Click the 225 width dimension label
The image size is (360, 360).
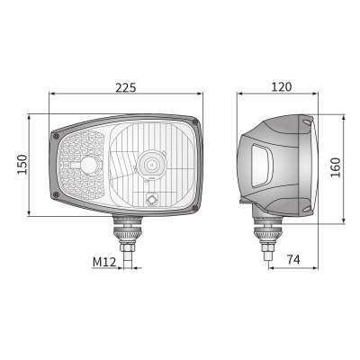126,87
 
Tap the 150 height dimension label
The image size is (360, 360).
22,165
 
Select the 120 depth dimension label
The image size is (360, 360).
282,86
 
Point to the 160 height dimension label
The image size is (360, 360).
336,167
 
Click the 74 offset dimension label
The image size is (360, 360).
293,259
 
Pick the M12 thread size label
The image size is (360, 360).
104,262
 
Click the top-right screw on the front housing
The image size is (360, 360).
195,122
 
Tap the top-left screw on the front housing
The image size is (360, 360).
56,137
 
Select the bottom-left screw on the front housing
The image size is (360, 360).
56,195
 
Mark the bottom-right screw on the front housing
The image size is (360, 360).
195,208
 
